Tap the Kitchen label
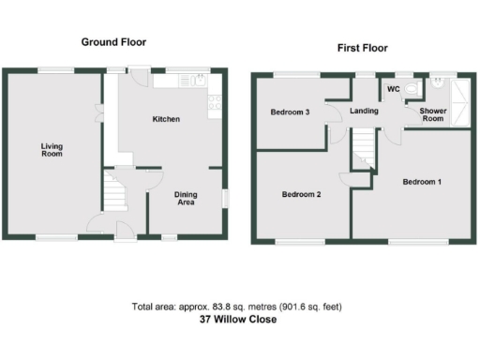(167, 119)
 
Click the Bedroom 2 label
(302, 195)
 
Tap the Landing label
(364, 112)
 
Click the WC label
(393, 90)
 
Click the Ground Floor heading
(113, 42)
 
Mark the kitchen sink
(199, 81)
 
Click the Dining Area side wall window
(225, 198)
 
